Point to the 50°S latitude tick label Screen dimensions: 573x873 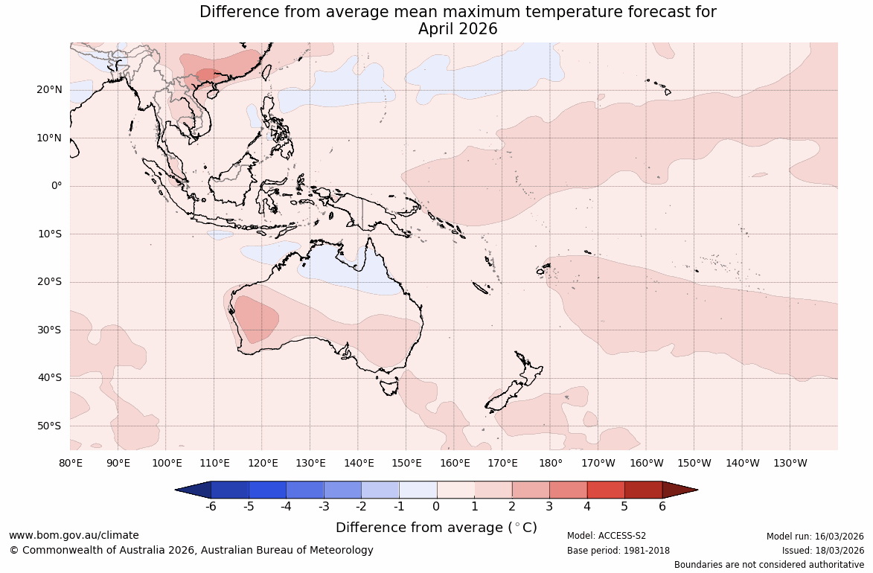49,426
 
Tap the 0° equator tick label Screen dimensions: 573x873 57,186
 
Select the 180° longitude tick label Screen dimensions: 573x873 551,463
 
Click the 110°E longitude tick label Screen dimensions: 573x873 214,463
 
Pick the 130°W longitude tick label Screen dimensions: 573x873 790,463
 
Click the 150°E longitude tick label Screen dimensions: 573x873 406,463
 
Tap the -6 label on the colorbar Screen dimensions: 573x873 211,507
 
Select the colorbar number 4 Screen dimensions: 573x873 587,507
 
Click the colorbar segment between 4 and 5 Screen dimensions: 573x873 606,490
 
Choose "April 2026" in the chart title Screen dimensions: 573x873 458,29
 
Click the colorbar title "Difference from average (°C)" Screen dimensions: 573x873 436,528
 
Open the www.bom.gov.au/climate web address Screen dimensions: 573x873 74,535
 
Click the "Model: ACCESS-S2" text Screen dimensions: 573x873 607,536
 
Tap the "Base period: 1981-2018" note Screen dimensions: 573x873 618,551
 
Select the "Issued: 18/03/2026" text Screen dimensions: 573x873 822,551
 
